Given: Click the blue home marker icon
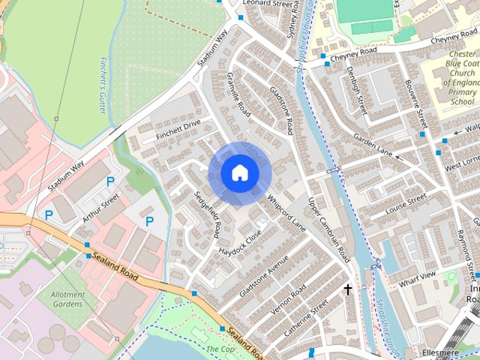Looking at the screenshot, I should pos(239,173).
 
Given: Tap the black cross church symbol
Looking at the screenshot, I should pos(348,289).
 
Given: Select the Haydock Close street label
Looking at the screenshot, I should pos(240,241).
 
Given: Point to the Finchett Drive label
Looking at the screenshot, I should pos(178,128).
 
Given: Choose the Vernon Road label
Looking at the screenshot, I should pos(287,300).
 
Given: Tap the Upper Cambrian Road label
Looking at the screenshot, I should pos(329,225).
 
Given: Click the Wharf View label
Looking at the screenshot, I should pos(417,278).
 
